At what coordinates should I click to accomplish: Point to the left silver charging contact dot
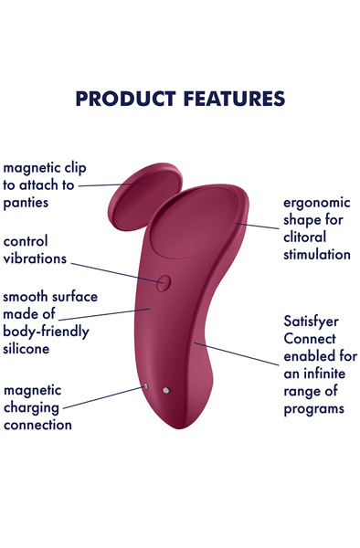(x=146, y=386)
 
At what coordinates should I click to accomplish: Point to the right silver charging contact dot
(x=166, y=392)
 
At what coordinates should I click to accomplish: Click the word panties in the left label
(x=26, y=203)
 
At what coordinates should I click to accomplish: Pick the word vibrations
(x=35, y=259)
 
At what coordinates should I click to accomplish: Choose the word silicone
(x=26, y=349)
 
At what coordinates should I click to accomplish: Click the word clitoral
(x=302, y=237)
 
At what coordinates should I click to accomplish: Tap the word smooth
(x=26, y=297)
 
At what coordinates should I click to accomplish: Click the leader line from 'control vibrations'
(x=113, y=270)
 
